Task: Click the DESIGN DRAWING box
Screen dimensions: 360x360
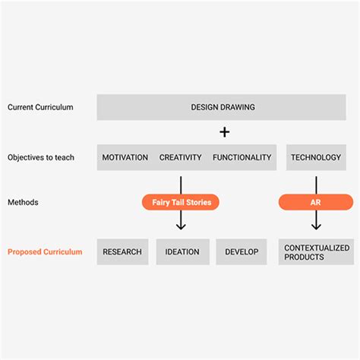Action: tap(222, 107)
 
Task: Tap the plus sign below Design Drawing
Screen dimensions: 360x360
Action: tap(224, 132)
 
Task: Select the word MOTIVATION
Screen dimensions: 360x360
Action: tap(125, 158)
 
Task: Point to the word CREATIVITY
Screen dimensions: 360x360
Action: tap(180, 158)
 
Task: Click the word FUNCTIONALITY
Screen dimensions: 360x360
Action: tap(242, 158)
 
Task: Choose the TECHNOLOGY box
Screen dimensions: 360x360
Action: tap(316, 158)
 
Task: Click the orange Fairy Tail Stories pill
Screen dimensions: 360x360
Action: tap(181, 202)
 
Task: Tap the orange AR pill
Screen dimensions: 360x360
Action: tap(316, 202)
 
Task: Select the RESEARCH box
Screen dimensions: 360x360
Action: tap(122, 252)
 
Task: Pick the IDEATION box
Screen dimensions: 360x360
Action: tap(182, 252)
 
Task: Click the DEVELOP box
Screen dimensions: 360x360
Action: tap(242, 252)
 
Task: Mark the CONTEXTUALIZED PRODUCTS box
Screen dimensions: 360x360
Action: tap(316, 252)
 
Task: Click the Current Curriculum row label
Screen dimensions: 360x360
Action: tap(40, 107)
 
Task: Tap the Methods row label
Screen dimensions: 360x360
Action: tap(24, 202)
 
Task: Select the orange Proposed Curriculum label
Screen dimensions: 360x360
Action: tap(45, 251)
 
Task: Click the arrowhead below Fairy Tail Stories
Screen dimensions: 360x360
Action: tap(181, 226)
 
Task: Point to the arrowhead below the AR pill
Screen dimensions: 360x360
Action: tap(316, 226)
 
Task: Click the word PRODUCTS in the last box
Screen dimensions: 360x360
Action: tap(304, 257)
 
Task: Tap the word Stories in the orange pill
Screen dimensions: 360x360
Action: tap(199, 202)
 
